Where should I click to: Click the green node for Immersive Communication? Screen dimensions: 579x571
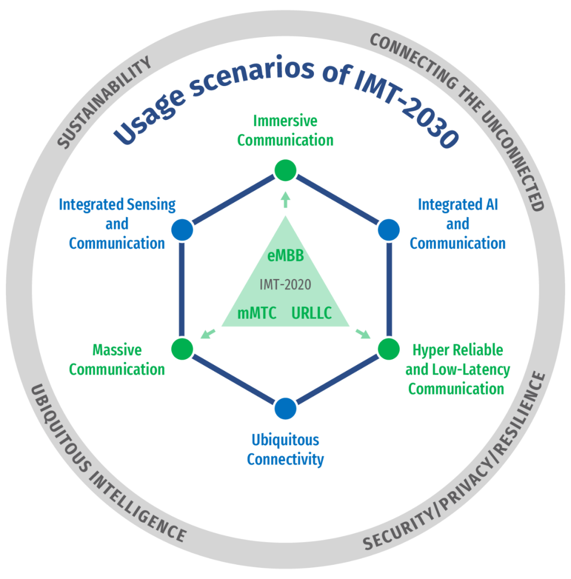285,170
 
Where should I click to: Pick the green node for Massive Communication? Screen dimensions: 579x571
182,349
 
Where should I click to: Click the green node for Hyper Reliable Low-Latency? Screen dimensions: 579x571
389,349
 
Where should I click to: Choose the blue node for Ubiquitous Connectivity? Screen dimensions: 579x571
285,408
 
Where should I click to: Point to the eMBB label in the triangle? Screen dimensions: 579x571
285,257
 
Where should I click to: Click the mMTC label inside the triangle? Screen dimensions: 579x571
257,313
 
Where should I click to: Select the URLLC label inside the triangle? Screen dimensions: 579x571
311,313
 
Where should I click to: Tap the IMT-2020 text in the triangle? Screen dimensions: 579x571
285,285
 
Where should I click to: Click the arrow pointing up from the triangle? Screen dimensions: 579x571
285,199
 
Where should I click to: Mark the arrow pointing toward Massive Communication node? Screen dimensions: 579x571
208,333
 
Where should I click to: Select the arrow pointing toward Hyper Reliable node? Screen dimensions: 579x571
363,333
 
